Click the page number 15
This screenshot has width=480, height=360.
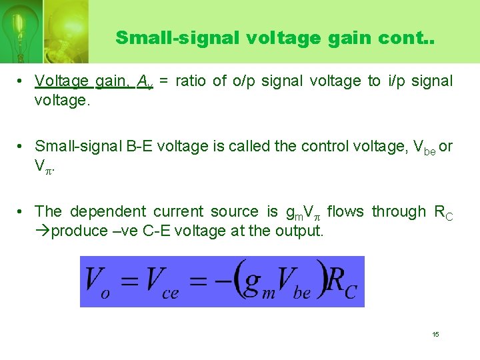[x=435, y=334]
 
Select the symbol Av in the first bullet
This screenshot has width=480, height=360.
[x=145, y=82]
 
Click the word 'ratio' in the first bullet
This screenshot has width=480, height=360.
[x=193, y=81]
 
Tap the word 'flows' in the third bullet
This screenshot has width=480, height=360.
[x=345, y=212]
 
